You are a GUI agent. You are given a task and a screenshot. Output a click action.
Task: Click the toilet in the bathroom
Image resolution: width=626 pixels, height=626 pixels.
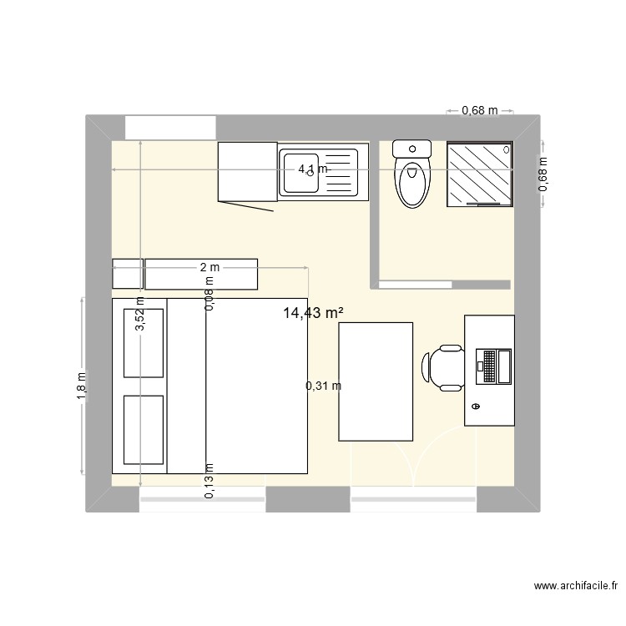pyautogui.click(x=411, y=174)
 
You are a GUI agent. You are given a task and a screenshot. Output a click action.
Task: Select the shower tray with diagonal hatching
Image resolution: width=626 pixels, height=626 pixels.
pyautogui.click(x=479, y=173)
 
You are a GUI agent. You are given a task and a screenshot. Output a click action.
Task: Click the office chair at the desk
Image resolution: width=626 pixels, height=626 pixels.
pyautogui.click(x=443, y=367)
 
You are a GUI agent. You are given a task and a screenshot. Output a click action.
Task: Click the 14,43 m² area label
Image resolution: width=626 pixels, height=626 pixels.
pyautogui.click(x=315, y=313)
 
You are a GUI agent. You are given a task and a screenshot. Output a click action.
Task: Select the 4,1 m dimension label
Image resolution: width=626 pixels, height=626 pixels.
pyautogui.click(x=314, y=169)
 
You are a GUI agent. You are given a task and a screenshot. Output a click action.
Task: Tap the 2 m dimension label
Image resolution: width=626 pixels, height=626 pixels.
pyautogui.click(x=210, y=267)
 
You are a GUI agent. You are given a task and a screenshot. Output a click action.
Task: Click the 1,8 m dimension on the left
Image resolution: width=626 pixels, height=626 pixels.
pyautogui.click(x=81, y=386)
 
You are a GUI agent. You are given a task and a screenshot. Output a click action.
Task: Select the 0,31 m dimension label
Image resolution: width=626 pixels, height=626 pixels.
pyautogui.click(x=323, y=386)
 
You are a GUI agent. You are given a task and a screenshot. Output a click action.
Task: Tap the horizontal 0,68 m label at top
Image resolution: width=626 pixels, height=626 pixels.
pyautogui.click(x=480, y=110)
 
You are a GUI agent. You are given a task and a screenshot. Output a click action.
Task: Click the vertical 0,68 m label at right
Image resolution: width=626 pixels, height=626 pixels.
pyautogui.click(x=543, y=174)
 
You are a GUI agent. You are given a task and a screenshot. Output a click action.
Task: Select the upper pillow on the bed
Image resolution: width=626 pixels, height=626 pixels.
pyautogui.click(x=143, y=342)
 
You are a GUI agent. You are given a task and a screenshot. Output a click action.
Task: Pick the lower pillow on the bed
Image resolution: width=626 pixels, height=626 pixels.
pyautogui.click(x=143, y=429)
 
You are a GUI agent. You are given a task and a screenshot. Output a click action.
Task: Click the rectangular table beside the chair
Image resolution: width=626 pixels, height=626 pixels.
pyautogui.click(x=376, y=381)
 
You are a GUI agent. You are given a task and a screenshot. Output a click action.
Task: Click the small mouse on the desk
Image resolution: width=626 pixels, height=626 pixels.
pyautogui.click(x=476, y=406)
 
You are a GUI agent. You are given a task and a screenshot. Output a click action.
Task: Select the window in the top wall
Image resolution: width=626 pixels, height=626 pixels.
pyautogui.click(x=171, y=128)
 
